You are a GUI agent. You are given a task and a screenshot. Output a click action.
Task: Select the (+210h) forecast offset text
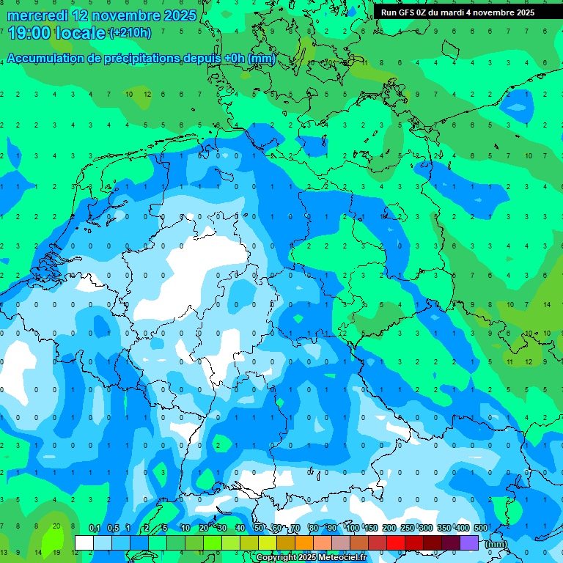(x=130, y=33)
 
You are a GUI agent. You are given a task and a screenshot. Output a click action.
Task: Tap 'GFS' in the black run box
(x=407, y=12)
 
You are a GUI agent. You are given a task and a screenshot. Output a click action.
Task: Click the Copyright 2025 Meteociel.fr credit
(x=311, y=558)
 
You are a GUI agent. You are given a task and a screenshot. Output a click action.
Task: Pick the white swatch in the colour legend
(x=84, y=542)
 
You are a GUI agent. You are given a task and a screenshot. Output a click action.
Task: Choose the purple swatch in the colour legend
(x=469, y=542)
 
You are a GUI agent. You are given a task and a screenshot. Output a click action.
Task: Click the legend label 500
(x=481, y=528)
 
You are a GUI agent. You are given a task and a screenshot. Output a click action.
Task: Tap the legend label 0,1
(x=95, y=528)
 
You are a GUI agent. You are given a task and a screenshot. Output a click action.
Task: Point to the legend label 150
(x=371, y=528)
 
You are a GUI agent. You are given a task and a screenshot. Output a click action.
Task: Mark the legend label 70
(x=295, y=528)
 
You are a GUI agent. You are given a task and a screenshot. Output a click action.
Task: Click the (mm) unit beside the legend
(x=496, y=544)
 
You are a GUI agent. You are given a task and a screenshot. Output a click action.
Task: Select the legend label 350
(x=444, y=528)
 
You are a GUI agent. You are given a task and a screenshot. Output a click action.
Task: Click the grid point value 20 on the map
(x=56, y=526)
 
